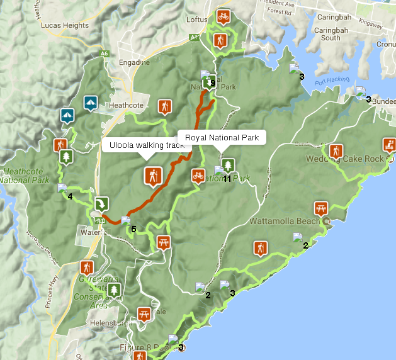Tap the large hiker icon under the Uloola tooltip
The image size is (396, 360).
click(152, 176)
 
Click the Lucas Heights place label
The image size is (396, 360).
click(61, 25)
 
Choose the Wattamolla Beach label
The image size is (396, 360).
click(289, 222)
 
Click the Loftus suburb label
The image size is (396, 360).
click(196, 20)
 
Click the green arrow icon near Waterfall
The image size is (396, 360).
click(101, 203)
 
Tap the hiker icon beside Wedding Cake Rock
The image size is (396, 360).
click(335, 150)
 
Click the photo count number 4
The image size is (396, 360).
click(70, 197)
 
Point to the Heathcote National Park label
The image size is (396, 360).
click(25, 176)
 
